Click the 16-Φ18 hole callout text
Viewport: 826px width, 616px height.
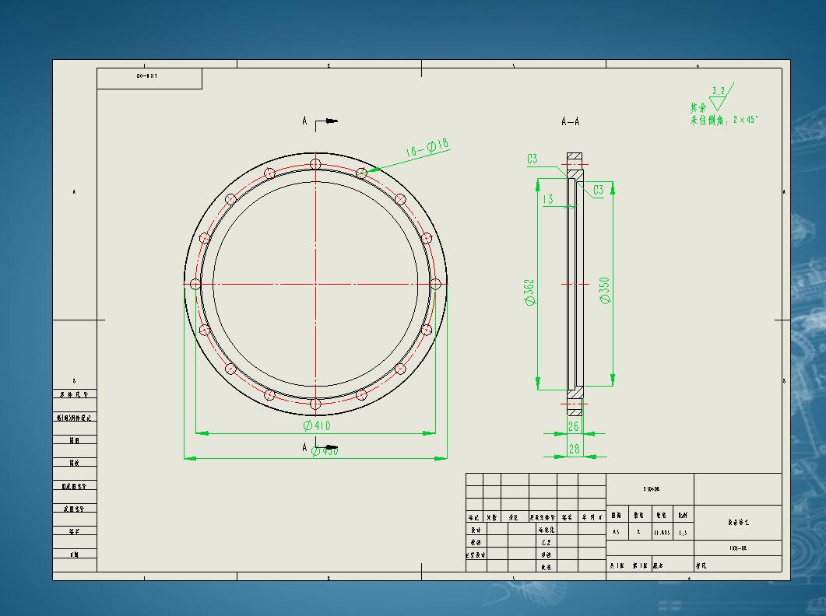(427, 148)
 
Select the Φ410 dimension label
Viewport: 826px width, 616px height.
(317, 425)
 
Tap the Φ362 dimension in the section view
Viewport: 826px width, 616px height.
(530, 292)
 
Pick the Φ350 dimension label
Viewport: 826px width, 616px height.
(605, 289)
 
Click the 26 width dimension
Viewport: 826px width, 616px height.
(574, 426)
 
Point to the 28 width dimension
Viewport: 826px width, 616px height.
(574, 449)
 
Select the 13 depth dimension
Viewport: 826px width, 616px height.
(548, 199)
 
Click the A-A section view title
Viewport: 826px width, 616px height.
(570, 121)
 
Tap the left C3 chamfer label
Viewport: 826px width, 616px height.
(532, 159)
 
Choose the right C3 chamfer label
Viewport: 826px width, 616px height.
(599, 190)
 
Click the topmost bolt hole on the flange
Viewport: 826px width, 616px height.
(315, 163)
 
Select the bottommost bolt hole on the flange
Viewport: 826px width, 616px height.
(315, 404)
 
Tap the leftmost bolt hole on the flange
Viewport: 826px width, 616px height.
(195, 284)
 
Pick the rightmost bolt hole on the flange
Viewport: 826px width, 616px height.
(436, 284)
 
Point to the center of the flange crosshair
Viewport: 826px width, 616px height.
(315, 284)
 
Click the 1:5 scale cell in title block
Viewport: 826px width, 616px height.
(683, 533)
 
